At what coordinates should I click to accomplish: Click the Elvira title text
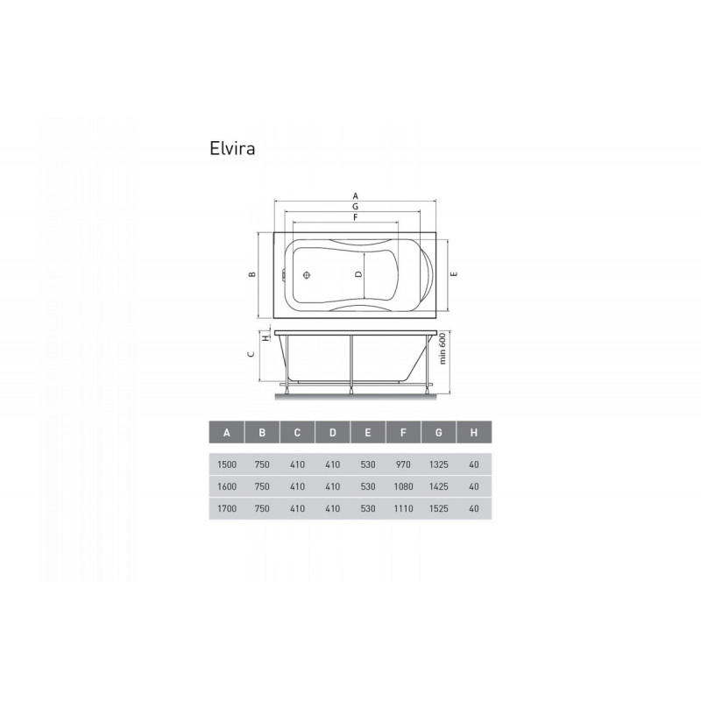232,148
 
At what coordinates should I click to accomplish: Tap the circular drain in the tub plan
307,275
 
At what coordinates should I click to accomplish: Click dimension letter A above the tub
356,195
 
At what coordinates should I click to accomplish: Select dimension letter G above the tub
356,207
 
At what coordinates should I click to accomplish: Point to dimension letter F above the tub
356,217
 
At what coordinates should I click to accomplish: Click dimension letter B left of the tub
252,274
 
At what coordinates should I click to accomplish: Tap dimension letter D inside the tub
358,274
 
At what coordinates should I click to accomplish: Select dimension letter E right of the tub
454,274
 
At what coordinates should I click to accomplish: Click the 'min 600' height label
443,348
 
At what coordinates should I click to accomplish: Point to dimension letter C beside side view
251,354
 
